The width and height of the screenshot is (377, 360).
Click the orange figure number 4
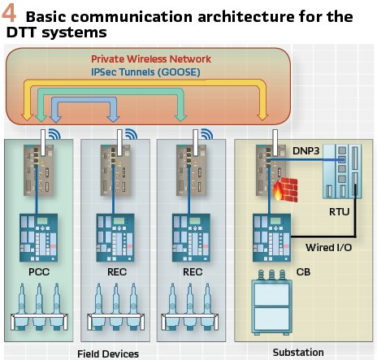pyautogui.click(x=9, y=14)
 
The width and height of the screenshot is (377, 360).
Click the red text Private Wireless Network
pyautogui.click(x=151, y=59)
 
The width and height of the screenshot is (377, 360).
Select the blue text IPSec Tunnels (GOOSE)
pyautogui.click(x=145, y=72)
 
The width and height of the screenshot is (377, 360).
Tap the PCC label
pyautogui.click(x=39, y=271)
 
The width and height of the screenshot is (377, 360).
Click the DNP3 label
pyautogui.click(x=306, y=151)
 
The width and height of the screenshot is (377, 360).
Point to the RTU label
pyautogui.click(x=339, y=211)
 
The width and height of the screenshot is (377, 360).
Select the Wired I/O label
pyautogui.click(x=328, y=247)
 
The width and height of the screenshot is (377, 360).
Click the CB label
pyautogui.click(x=303, y=271)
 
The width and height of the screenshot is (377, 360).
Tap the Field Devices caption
pyautogui.click(x=108, y=353)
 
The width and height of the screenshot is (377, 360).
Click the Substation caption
pyautogui.click(x=298, y=352)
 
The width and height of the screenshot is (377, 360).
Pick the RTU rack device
pyautogui.click(x=342, y=171)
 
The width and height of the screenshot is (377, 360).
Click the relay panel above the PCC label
pyautogui.click(x=38, y=237)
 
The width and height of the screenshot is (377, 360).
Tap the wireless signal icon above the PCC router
pyautogui.click(x=54, y=134)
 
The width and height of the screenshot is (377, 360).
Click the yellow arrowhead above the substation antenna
pyautogui.click(x=262, y=117)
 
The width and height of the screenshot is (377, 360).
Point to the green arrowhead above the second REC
pyautogui.click(x=180, y=118)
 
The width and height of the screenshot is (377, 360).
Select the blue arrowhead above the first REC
pyautogui.click(x=113, y=119)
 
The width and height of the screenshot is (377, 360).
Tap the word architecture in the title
pyautogui.click(x=246, y=16)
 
